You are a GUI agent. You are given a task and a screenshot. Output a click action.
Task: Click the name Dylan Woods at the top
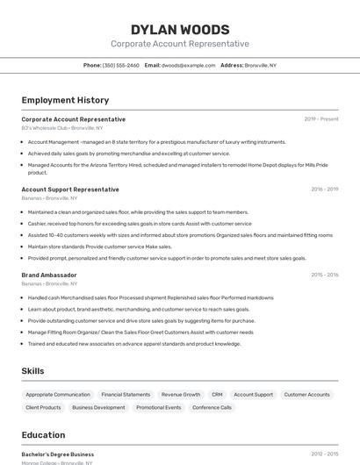click(180, 30)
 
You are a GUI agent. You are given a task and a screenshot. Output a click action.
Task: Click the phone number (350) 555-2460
click(120, 66)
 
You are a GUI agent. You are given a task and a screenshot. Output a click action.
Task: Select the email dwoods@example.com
click(189, 66)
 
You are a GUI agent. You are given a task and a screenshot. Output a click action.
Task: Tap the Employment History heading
click(65, 100)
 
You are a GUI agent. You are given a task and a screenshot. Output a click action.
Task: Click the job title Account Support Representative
click(70, 190)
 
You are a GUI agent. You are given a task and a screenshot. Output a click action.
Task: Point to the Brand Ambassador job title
click(49, 275)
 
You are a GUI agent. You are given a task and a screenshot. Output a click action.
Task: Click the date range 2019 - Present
click(321, 119)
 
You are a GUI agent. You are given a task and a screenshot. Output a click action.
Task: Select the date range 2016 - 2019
click(324, 190)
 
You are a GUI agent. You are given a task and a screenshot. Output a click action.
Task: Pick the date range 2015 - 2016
click(324, 275)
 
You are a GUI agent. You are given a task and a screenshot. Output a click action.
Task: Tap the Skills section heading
click(32, 371)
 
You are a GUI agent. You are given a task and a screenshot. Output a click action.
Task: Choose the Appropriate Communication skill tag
click(58, 395)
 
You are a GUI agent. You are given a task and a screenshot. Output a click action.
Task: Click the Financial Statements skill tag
click(126, 395)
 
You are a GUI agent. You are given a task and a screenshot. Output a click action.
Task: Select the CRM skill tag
click(217, 395)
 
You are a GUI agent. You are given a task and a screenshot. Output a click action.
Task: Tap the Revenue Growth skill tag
click(181, 395)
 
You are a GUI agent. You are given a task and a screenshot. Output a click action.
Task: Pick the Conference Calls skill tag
click(212, 408)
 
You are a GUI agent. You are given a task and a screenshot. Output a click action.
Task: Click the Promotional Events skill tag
click(159, 408)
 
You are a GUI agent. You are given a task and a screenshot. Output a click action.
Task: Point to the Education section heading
click(43, 435)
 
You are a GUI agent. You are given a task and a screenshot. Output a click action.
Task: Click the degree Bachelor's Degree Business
click(58, 454)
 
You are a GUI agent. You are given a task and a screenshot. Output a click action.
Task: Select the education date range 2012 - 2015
click(324, 454)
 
